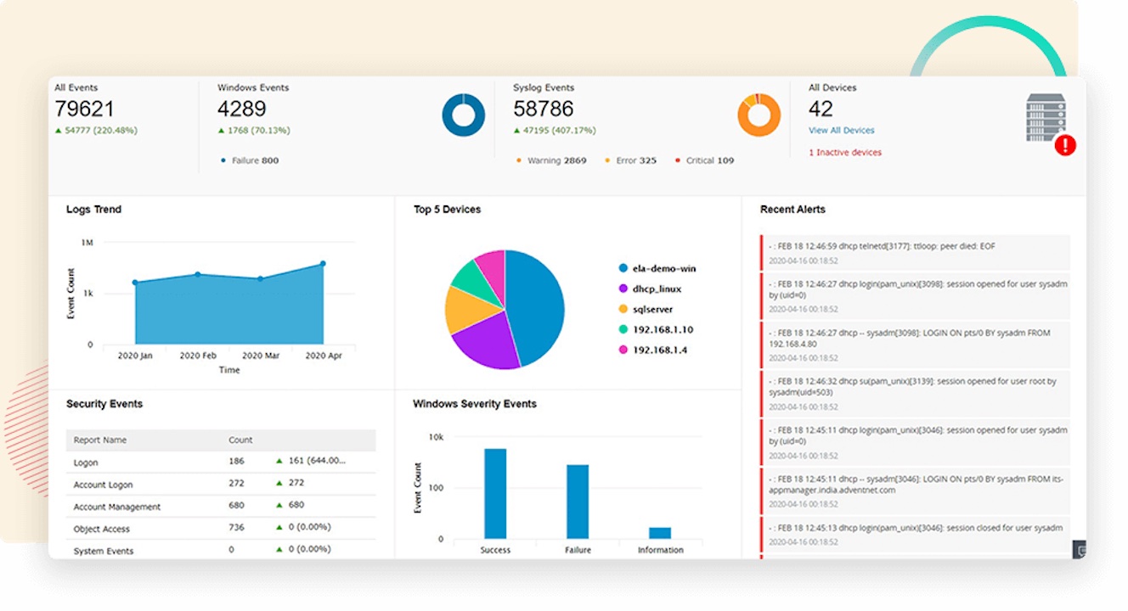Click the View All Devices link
point(841,131)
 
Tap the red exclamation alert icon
point(1065,145)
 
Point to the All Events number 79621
point(84,109)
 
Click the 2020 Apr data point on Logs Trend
point(324,263)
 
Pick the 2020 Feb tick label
point(198,356)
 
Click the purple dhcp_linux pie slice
point(486,342)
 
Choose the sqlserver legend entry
point(646,309)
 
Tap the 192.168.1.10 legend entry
point(656,329)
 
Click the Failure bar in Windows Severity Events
point(578,502)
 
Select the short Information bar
point(660,533)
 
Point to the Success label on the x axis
point(495,550)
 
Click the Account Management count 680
point(236,505)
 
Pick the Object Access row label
point(102,529)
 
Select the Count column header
point(240,440)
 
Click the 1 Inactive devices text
point(845,153)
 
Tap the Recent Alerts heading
point(792,210)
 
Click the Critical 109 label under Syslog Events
point(705,160)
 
